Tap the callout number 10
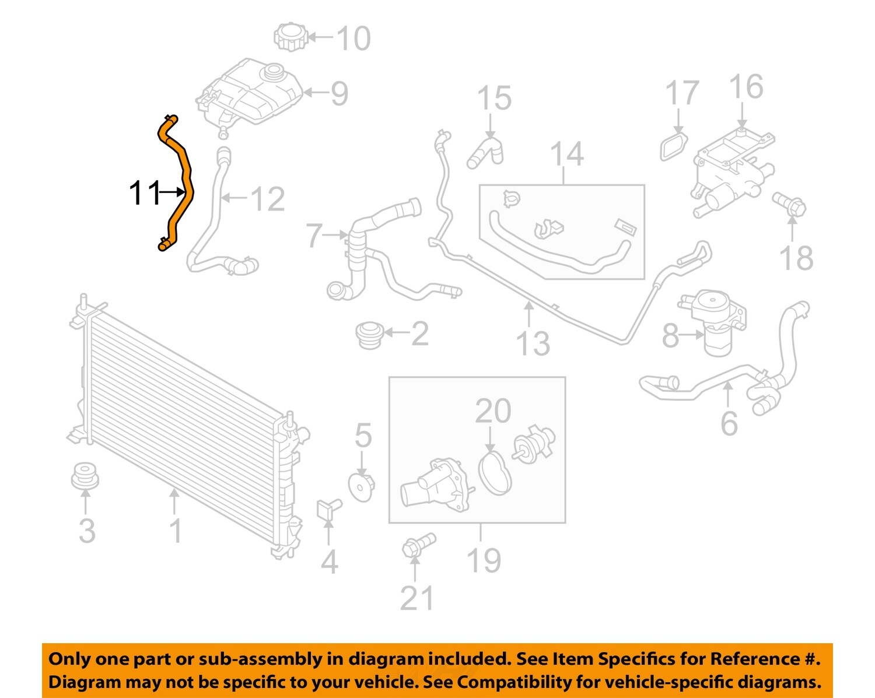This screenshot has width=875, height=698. pos(353,38)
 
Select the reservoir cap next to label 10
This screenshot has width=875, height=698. pos(290,37)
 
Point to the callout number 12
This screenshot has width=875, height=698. pos(267,199)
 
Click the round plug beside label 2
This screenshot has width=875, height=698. pos(369,335)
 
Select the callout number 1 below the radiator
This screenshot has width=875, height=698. pos(176,531)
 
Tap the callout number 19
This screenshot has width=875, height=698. pos(484,560)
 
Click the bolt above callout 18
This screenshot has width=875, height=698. pos(790,204)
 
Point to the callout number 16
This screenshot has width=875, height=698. pos(745,87)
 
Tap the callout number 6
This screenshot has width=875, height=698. pos(729,423)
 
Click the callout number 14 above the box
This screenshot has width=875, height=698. pos(566,154)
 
